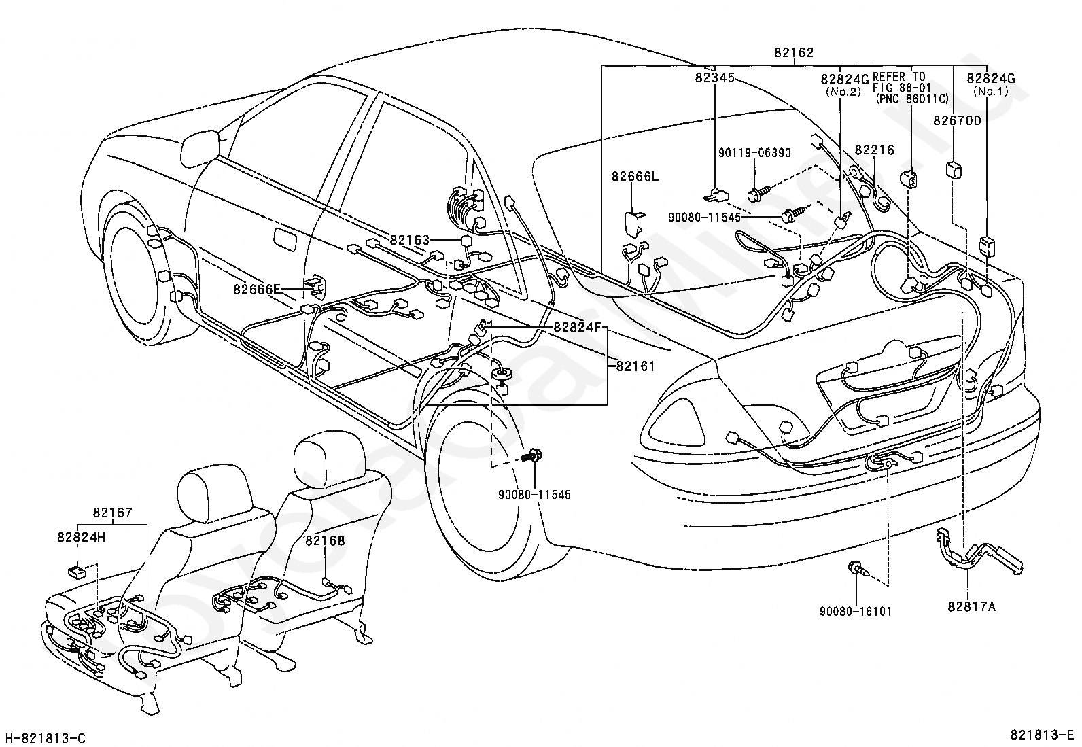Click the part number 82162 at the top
[794, 52]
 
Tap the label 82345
[714, 77]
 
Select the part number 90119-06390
[754, 153]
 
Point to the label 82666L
[635, 176]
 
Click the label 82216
[874, 150]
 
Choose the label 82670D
[957, 120]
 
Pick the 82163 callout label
[410, 240]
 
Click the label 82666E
[256, 289]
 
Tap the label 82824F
[577, 327]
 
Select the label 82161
[635, 366]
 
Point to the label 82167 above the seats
[113, 513]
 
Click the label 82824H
[81, 537]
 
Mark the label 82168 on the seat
[325, 540]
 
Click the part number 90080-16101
[856, 611]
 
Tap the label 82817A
[971, 606]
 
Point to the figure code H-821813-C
[46, 738]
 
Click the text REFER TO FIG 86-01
[898, 83]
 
